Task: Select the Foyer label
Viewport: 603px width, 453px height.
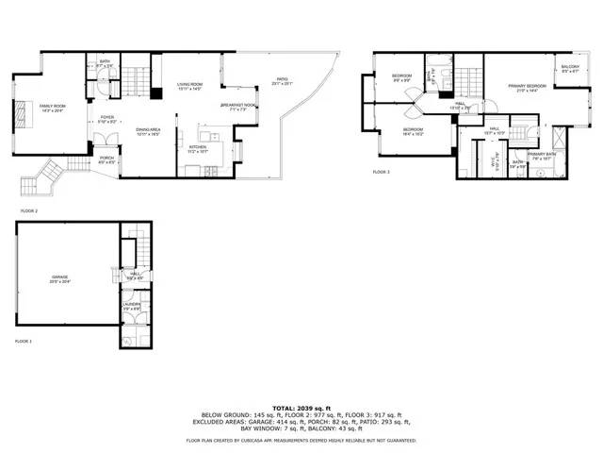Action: click(x=108, y=120)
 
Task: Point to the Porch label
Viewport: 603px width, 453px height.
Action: click(x=106, y=159)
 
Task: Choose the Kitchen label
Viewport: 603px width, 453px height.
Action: click(x=197, y=149)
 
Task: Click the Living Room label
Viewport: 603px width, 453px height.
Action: click(x=189, y=87)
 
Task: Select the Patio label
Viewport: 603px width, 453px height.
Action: click(x=282, y=81)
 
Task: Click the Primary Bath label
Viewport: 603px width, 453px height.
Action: click(x=542, y=155)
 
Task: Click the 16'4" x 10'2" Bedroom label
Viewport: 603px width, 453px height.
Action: click(x=414, y=131)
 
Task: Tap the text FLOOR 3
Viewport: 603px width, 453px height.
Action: click(x=381, y=172)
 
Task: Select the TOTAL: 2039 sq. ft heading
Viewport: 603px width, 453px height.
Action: click(x=301, y=407)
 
